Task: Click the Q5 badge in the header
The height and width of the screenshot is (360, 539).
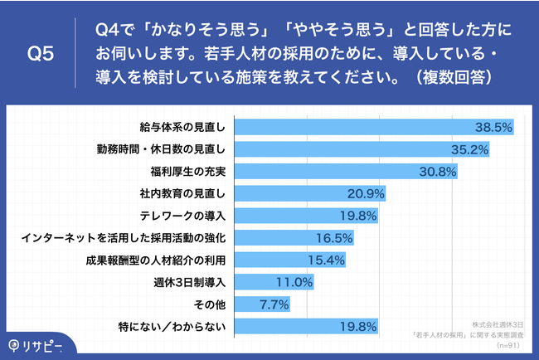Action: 41,54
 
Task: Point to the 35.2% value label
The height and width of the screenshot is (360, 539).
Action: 469,150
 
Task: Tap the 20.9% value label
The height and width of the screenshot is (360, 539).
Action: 362,194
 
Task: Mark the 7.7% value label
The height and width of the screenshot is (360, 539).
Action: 273,304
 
